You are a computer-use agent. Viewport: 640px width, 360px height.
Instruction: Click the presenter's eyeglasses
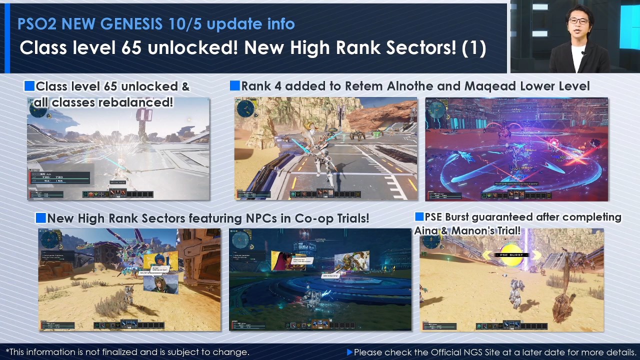click(x=578, y=21)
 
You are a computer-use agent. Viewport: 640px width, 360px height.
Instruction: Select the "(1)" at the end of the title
click(x=473, y=48)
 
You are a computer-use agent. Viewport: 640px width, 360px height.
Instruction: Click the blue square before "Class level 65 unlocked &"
click(x=29, y=86)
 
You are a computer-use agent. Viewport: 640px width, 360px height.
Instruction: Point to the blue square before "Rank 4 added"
click(x=234, y=86)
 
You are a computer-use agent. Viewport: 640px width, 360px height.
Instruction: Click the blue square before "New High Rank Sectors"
click(x=40, y=218)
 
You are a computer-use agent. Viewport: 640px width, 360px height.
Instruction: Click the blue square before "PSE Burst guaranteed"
click(x=419, y=217)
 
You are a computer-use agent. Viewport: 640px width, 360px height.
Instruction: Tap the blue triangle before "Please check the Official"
click(x=349, y=352)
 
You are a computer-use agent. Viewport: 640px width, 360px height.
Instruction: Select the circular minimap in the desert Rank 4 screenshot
click(x=246, y=109)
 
